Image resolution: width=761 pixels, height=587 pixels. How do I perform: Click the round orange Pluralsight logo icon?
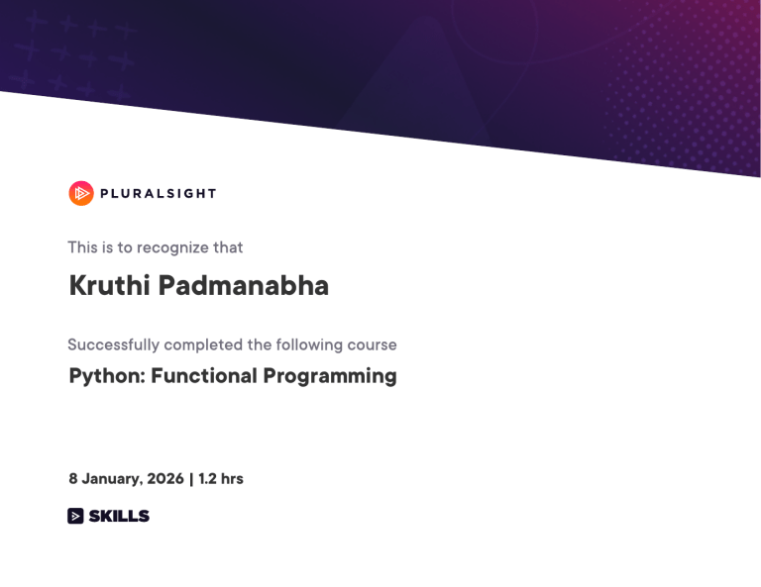click(81, 193)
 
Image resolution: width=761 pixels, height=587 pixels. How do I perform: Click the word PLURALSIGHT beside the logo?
click(158, 194)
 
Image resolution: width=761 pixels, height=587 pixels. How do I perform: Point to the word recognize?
click(173, 247)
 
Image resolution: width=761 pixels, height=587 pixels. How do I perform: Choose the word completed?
click(203, 344)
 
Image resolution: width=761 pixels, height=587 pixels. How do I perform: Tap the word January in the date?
click(112, 479)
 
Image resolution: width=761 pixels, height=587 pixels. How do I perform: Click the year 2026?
click(165, 479)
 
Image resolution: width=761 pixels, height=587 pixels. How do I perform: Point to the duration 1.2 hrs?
click(221, 479)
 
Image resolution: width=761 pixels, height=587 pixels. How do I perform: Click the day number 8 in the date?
click(73, 479)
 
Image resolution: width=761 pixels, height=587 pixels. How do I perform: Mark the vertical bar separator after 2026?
click(191, 479)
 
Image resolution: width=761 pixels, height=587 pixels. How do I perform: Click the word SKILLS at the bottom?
click(119, 516)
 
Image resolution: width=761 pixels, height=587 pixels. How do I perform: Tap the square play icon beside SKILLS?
click(75, 516)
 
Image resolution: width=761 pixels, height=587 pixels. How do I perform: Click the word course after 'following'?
click(374, 344)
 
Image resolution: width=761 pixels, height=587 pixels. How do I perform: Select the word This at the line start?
click(83, 247)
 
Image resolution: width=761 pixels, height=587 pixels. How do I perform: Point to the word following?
click(309, 344)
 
